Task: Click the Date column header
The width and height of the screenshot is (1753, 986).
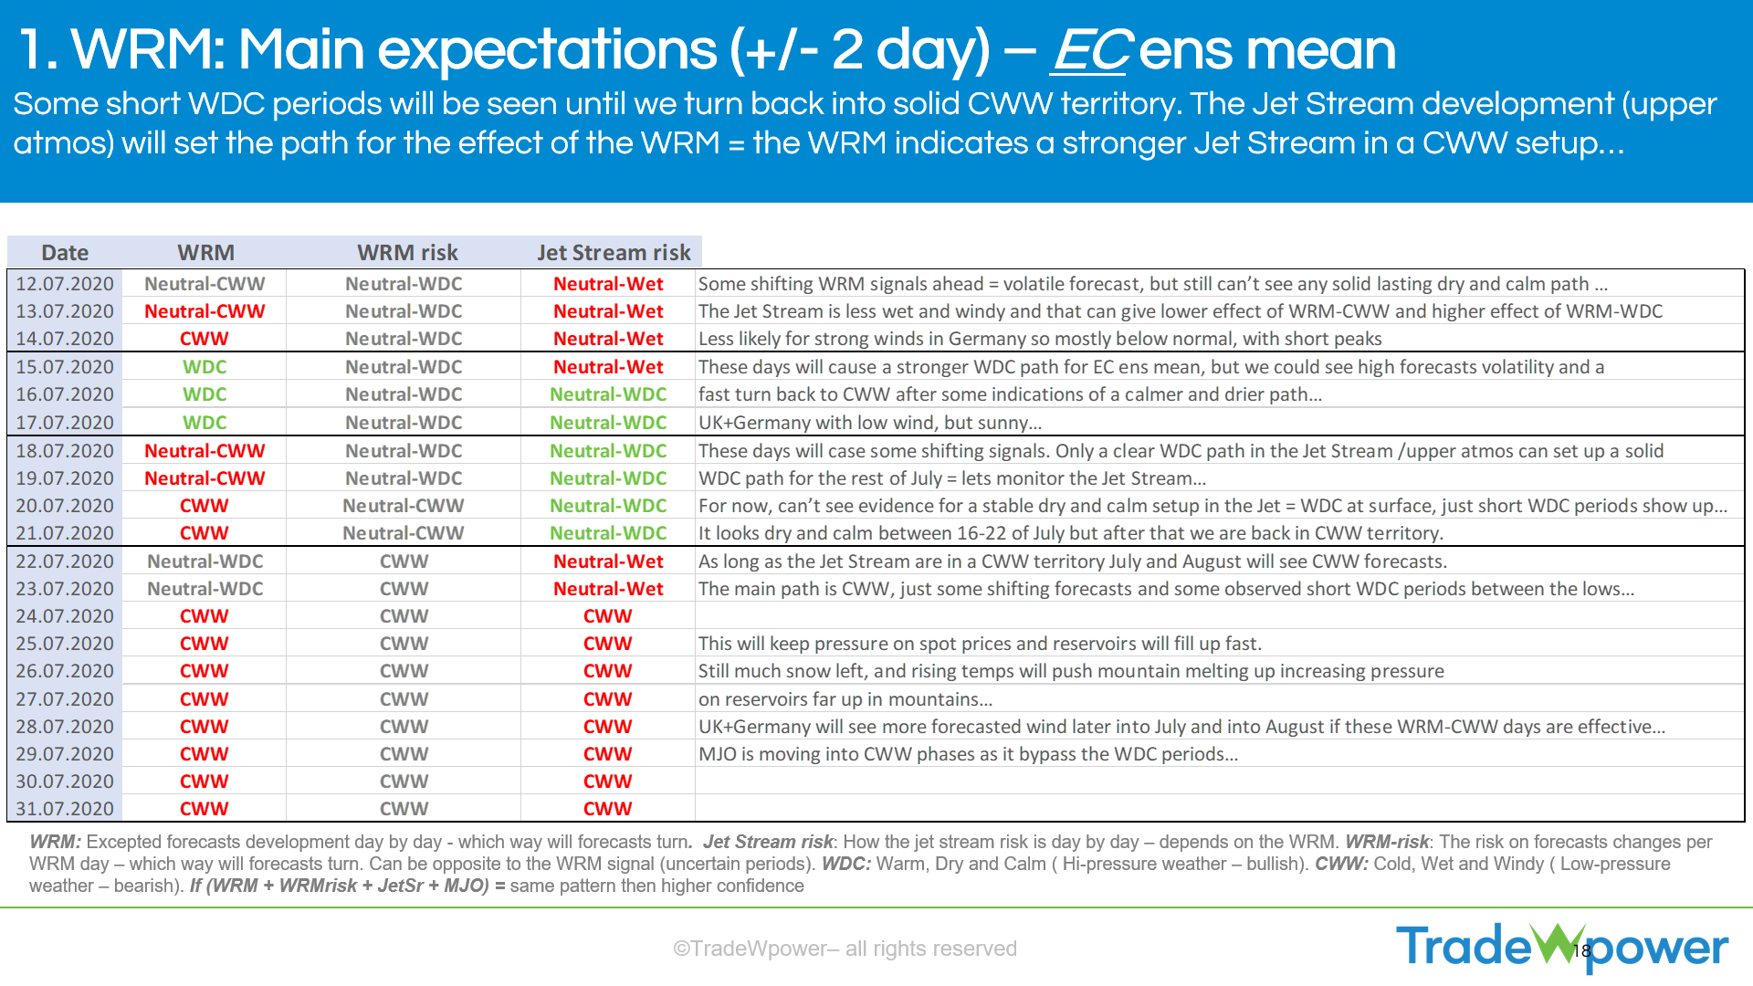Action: point(65,253)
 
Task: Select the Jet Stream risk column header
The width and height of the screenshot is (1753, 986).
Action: point(614,253)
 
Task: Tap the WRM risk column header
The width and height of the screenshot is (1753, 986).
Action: point(407,253)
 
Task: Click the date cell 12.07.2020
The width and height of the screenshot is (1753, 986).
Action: point(65,284)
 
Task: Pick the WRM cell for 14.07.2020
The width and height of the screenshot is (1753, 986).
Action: point(205,339)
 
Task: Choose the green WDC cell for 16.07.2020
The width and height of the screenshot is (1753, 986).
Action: point(205,394)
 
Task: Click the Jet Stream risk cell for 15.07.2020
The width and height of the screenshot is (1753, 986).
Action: point(608,367)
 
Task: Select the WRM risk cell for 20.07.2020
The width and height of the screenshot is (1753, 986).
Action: point(404,506)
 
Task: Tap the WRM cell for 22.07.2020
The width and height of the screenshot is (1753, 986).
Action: point(205,561)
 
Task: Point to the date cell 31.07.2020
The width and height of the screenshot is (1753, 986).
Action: point(65,809)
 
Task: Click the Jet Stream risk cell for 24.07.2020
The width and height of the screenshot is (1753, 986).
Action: point(608,616)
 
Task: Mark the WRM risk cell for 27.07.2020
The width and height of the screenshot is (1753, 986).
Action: point(404,699)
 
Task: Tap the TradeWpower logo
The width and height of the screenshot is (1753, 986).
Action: point(1562,947)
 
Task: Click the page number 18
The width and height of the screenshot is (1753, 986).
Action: point(1582,951)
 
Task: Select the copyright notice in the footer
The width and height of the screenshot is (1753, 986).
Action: point(845,949)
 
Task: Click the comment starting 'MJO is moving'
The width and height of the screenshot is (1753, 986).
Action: point(968,754)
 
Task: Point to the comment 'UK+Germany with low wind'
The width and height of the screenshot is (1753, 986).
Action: point(870,423)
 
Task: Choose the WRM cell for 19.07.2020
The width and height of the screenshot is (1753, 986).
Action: point(205,478)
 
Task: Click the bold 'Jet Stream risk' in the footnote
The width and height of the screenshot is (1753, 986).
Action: point(768,842)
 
